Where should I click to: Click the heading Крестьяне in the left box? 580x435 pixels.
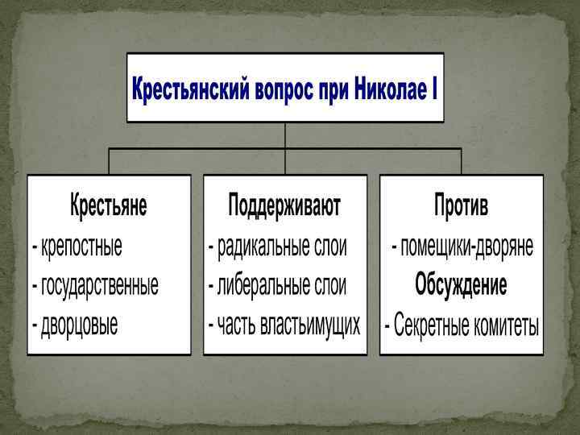(x=109, y=205)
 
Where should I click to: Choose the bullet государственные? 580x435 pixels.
(x=99, y=285)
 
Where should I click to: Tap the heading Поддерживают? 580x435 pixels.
(x=284, y=205)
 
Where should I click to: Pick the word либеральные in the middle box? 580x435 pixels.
(x=255, y=285)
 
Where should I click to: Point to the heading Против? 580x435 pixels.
(x=461, y=205)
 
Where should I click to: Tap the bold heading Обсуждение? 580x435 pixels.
(x=461, y=285)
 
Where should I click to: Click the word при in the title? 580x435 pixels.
(x=332, y=87)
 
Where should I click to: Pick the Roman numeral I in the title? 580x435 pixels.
(x=434, y=87)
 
